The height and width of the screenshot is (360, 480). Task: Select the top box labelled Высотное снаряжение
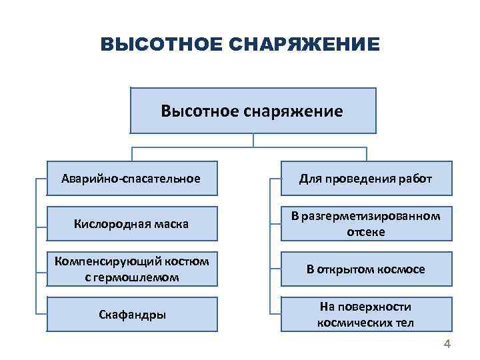[253, 110]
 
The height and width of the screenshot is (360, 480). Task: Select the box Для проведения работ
[365, 179]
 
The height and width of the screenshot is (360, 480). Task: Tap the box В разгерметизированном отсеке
[365, 224]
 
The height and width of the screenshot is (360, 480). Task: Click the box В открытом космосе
[365, 269]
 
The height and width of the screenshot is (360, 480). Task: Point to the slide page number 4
[447, 344]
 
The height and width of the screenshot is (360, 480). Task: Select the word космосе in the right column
[401, 269]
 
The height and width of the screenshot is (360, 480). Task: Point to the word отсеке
[366, 232]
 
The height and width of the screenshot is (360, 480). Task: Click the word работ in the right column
[417, 179]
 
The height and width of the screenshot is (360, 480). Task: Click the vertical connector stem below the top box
[253, 140]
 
